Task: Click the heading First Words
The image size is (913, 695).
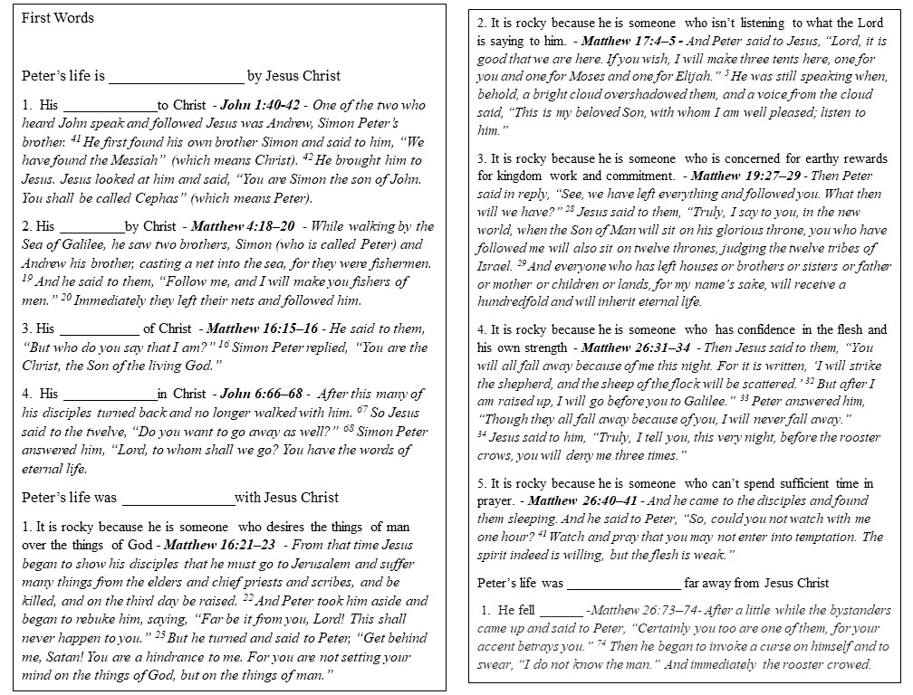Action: click(x=58, y=18)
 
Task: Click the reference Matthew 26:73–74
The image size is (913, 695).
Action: click(x=638, y=611)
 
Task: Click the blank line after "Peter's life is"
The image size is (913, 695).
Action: click(x=176, y=77)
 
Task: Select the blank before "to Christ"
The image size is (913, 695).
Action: click(x=110, y=106)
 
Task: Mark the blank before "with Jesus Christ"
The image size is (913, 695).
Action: click(x=178, y=498)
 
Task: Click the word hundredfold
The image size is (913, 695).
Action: click(x=520, y=300)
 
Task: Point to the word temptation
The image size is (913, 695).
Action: click(x=811, y=537)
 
